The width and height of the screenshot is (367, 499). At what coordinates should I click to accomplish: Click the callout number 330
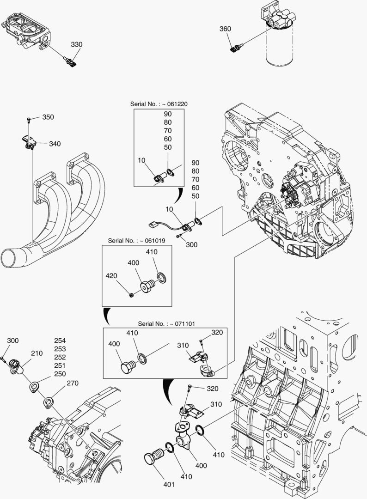coord(76,45)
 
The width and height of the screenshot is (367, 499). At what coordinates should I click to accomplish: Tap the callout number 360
coord(225,29)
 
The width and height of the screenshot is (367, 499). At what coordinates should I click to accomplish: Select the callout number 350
coord(48,117)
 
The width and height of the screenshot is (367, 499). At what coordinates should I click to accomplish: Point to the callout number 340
coord(55,144)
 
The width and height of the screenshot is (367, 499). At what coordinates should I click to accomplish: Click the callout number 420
coord(111,276)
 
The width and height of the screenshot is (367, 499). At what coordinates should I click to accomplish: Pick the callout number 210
coord(37,353)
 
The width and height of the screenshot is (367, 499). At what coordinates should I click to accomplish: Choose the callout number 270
coord(73,383)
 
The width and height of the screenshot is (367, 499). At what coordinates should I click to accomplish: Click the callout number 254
coord(60,341)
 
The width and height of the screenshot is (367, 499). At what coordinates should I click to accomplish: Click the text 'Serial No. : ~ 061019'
coord(131,240)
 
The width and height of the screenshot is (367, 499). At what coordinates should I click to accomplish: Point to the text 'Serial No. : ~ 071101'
coord(166,324)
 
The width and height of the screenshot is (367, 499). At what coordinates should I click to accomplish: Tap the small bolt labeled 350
coord(29,120)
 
